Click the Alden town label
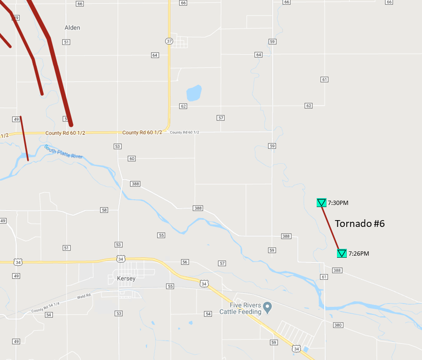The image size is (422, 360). (x=72, y=28)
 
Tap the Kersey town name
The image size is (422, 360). (x=126, y=279)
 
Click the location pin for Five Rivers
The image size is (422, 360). (x=267, y=307)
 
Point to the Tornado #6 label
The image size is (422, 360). (x=360, y=224)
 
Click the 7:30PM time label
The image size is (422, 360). (x=338, y=203)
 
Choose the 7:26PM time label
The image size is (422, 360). (x=359, y=254)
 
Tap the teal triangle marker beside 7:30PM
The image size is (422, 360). (x=321, y=203)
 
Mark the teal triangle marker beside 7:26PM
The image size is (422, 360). (x=342, y=254)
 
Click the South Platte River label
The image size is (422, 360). (x=63, y=152)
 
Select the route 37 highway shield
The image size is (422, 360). (x=169, y=41)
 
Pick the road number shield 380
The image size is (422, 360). (x=337, y=325)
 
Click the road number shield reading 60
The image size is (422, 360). (x=132, y=158)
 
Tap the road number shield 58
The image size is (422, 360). (x=104, y=210)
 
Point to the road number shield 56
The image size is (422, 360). (x=184, y=262)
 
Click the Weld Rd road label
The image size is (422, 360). (x=84, y=296)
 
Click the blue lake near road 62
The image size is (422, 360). (x=194, y=93)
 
